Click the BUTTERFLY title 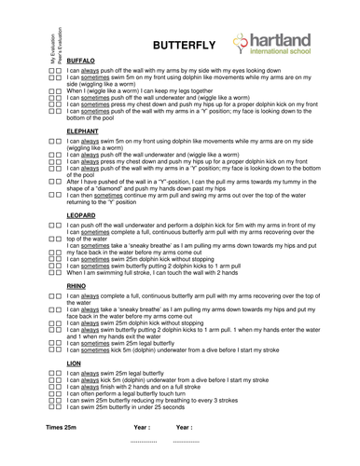184,44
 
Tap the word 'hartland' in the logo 282,39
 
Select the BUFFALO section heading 82,61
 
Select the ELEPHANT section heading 84,134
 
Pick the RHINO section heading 77,286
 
